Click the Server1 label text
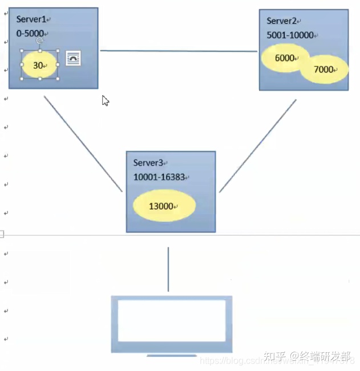31,20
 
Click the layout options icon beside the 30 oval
73,58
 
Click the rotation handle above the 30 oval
39,41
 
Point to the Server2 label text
282,21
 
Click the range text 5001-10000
290,35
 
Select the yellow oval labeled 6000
285,58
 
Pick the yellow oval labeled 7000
324,70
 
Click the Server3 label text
148,163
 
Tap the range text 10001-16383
159,177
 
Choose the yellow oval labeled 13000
164,206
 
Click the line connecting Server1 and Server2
179,51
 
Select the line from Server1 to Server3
83,143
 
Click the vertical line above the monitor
168,269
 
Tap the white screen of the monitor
171,321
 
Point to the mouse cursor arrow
105,100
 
